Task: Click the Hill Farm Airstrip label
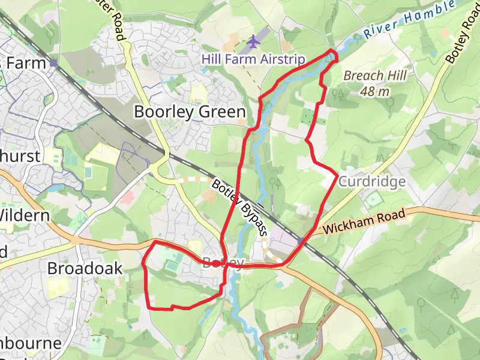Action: (253, 59)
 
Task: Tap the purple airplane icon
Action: (254, 42)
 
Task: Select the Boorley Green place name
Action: (190, 112)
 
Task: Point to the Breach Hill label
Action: (375, 76)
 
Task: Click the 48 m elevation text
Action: (376, 91)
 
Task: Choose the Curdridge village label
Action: (372, 181)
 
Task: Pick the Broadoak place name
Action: (85, 268)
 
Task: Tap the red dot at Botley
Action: (217, 263)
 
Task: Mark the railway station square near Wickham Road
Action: (301, 240)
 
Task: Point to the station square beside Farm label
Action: (54, 62)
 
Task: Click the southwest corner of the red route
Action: (148, 308)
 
